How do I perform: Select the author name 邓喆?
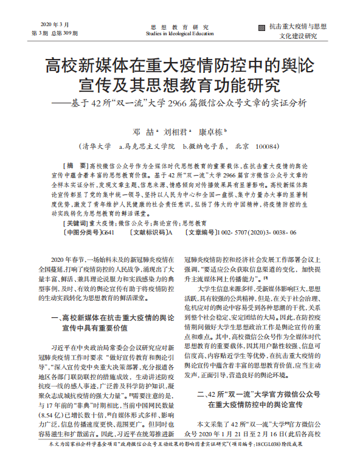pos(139,131)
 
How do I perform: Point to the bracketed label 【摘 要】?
pos(76,165)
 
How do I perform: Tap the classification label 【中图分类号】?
pos(81,232)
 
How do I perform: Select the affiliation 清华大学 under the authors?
pos(95,146)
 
